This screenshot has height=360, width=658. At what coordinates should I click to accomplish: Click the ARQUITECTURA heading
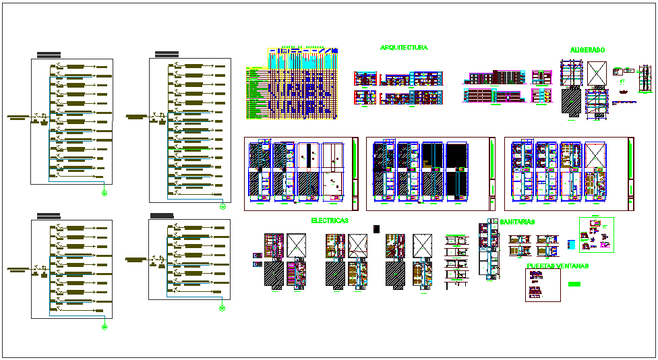(403, 48)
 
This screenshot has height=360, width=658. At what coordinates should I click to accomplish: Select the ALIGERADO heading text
(587, 50)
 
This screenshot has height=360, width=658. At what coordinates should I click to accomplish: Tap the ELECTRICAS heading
(330, 220)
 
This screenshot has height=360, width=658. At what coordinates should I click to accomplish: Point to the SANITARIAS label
(518, 221)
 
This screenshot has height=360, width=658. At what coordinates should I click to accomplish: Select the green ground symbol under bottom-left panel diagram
(104, 327)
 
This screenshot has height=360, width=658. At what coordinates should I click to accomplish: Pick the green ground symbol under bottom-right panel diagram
(222, 309)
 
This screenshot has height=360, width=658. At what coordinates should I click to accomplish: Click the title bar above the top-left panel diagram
(49, 54)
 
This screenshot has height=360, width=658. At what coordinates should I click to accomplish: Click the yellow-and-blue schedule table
(291, 84)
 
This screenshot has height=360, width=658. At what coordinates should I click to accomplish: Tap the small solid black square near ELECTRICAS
(376, 229)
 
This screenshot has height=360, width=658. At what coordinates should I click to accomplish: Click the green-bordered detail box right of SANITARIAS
(596, 235)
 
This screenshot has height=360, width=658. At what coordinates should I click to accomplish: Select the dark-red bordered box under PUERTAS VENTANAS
(543, 285)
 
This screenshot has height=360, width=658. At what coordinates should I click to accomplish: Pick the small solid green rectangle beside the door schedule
(574, 284)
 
